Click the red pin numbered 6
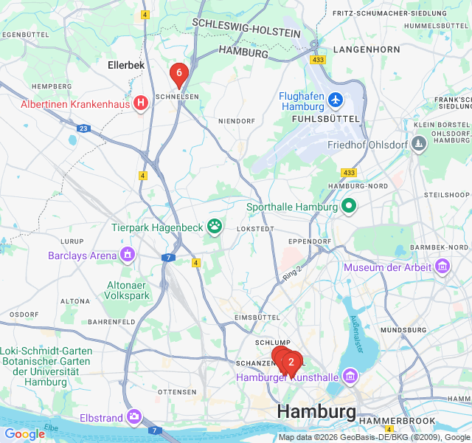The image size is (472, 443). tap(178, 73)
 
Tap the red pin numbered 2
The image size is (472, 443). tap(291, 362)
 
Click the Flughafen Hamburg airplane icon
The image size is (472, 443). tap(336, 98)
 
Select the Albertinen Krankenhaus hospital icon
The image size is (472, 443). tap(140, 104)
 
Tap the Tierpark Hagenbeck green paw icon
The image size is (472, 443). tap(215, 226)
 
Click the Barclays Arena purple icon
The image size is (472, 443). tap(128, 255)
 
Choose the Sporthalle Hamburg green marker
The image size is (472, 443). tap(348, 207)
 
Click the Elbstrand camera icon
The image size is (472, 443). tap(133, 417)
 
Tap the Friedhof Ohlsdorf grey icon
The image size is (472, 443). tap(419, 143)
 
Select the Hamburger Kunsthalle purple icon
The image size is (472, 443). tap(350, 377)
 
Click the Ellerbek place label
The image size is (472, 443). tap(126, 65)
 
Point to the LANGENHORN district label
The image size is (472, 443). tap(367, 49)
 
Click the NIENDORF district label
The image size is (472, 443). tap(237, 120)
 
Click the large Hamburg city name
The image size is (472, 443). tap(316, 411)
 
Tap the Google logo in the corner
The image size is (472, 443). tap(24, 433)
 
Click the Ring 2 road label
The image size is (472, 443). tap(291, 273)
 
